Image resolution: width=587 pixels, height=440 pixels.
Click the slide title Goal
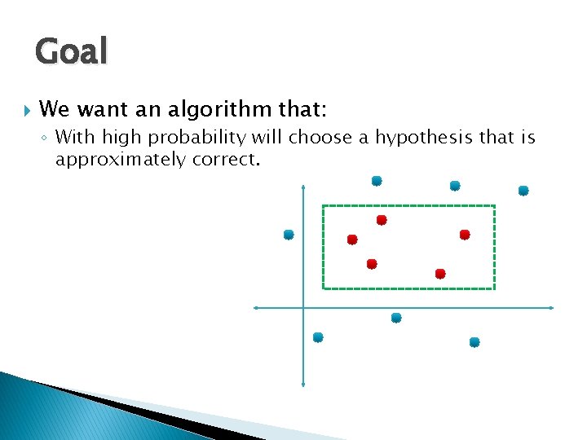pos(71,51)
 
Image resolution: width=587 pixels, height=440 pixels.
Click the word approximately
pos(121,159)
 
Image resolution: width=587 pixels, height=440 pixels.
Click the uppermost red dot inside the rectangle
pos(382,220)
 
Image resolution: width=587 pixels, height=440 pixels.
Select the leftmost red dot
pos(352,240)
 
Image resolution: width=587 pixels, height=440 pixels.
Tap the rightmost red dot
pos(465,235)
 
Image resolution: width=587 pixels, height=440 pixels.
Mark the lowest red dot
pos(440,274)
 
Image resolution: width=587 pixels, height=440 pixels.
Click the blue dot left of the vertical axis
pos(289,235)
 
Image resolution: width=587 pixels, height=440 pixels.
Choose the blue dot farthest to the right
pos(523,191)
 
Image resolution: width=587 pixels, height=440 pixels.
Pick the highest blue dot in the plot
pos(377,181)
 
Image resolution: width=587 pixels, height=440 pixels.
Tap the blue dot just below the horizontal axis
pos(396,318)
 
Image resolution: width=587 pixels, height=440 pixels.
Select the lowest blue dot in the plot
pos(474,342)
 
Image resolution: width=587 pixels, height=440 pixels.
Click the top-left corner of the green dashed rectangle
pos(324,206)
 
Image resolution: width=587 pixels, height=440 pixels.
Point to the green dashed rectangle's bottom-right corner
pos(494,288)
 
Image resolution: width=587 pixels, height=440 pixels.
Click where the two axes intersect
pos(302,308)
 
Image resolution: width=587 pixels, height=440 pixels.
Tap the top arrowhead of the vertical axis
pos(302,187)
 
